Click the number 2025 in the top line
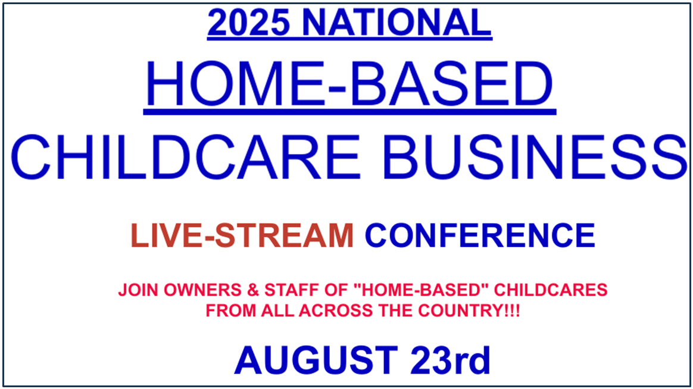click(248, 23)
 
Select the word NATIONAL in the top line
click(397, 23)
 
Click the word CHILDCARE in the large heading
click(186, 157)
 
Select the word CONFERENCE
click(480, 236)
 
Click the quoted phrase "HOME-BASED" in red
click(418, 290)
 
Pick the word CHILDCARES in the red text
click(551, 290)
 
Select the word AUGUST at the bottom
click(316, 360)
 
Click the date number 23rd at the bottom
click(450, 360)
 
